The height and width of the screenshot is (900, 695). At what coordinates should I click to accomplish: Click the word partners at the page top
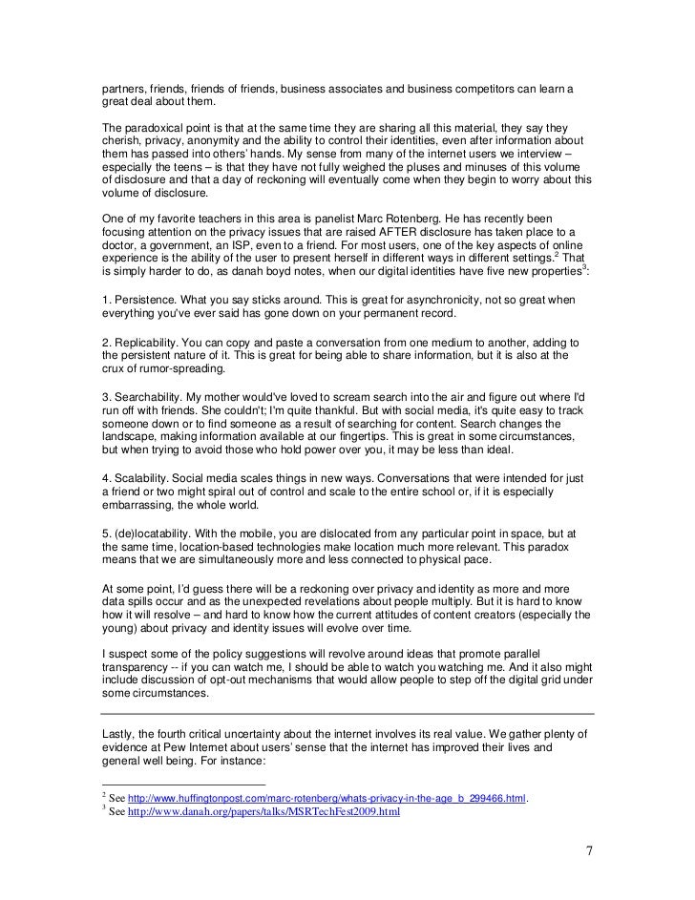(x=123, y=89)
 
